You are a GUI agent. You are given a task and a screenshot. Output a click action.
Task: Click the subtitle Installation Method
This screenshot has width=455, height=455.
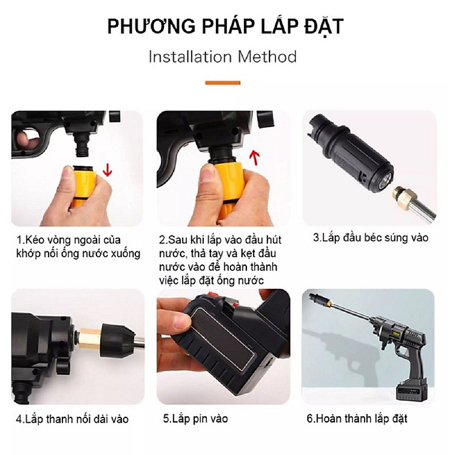coord(223,57)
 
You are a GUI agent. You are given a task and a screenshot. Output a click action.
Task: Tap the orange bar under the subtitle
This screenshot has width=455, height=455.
coord(223,83)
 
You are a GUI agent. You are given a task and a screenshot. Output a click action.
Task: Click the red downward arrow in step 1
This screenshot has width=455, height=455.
coord(107,169)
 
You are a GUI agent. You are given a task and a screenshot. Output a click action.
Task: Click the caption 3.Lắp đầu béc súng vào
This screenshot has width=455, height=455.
coord(370,238)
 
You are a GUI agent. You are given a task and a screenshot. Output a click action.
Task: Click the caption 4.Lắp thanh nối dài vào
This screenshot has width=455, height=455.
coord(72,419)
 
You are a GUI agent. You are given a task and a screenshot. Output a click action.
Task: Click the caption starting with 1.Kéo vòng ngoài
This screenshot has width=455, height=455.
coord(78,246)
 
